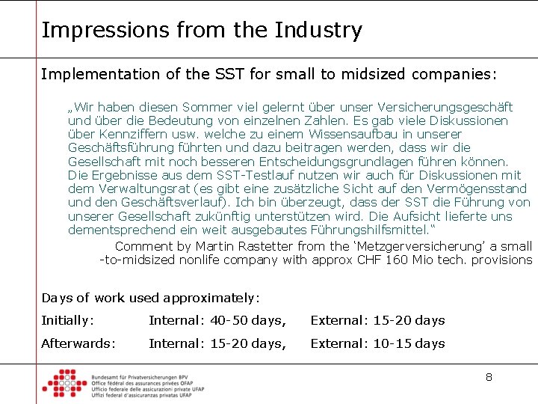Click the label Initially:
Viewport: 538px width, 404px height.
68,320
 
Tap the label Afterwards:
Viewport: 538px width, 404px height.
78,343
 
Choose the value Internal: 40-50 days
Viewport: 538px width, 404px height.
217,320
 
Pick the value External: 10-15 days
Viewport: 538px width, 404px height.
377,343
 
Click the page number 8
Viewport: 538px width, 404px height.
489,377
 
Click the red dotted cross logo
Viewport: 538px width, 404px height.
64,383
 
